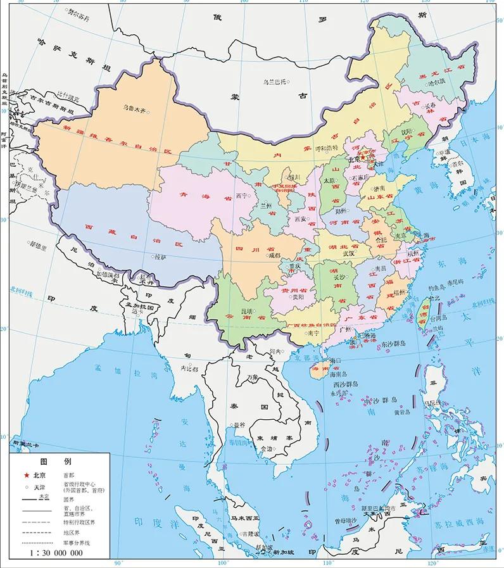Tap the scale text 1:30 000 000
point(56,553)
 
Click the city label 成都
point(274,255)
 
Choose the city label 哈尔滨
point(436,82)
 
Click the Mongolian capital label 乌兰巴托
point(275,82)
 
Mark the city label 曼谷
point(238,425)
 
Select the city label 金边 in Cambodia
point(266,448)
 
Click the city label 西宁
point(241,194)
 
